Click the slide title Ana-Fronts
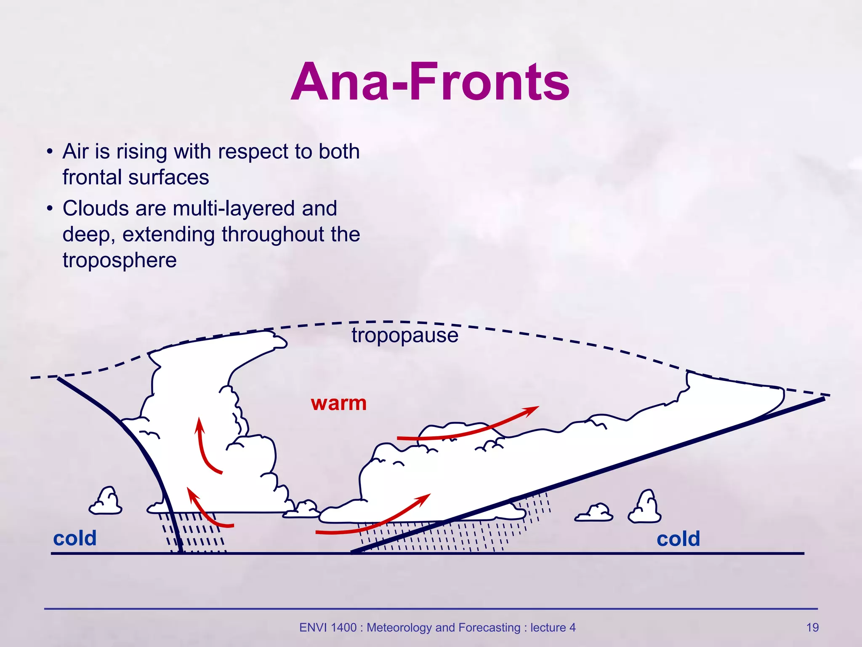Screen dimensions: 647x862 pyautogui.click(x=430, y=82)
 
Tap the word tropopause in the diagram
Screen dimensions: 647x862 pyautogui.click(x=405, y=336)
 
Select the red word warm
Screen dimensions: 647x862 pyautogui.click(x=339, y=404)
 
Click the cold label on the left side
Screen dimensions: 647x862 pyautogui.click(x=75, y=538)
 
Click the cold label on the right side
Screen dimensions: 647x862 pyautogui.click(x=678, y=539)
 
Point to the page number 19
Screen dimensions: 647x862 pyautogui.click(x=812, y=628)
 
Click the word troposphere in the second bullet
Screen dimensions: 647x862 pyautogui.click(x=120, y=260)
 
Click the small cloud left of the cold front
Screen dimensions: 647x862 pyautogui.click(x=106, y=502)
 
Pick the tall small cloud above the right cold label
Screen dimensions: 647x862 pyautogui.click(x=645, y=508)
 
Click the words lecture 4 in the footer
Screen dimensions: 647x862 pyautogui.click(x=553, y=628)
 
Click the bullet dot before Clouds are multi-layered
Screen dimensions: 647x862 pyautogui.click(x=50, y=209)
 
